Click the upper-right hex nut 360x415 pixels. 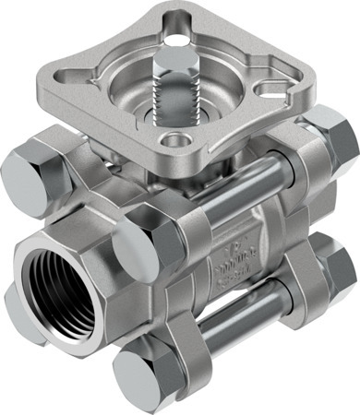332,136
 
